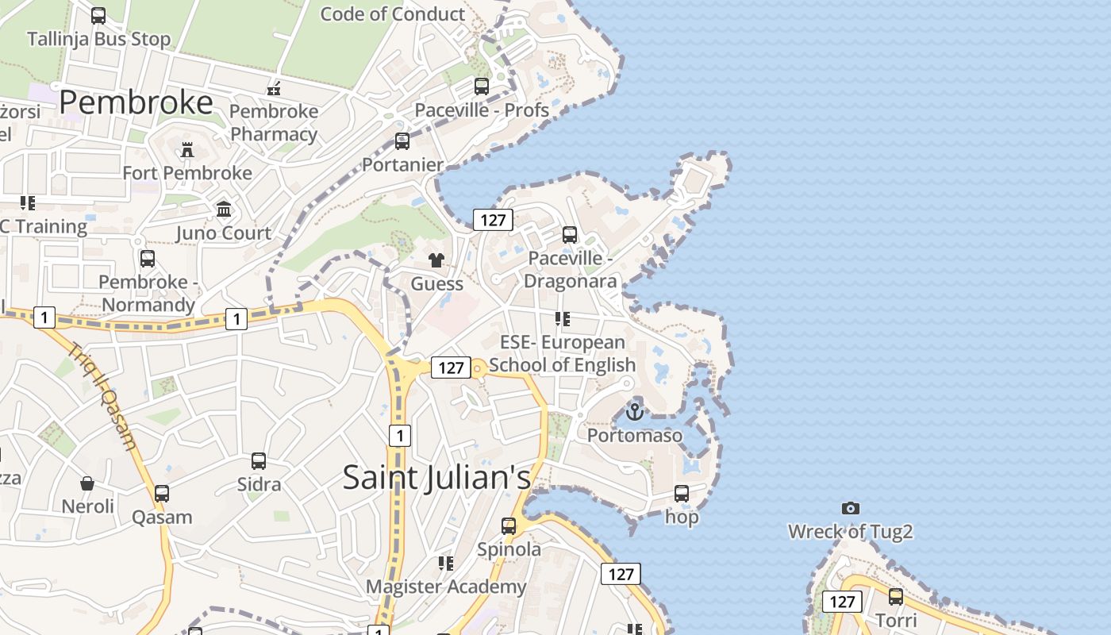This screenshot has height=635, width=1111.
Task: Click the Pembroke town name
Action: (x=136, y=102)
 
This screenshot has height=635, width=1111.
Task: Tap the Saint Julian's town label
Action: (x=436, y=477)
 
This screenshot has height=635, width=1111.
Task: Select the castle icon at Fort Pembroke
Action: (x=187, y=149)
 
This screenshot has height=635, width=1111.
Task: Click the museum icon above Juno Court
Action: (x=224, y=210)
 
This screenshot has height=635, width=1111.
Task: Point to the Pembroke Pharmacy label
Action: (x=274, y=122)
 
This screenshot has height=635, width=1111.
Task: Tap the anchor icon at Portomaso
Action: (x=634, y=411)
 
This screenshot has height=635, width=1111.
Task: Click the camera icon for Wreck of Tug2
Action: (x=850, y=508)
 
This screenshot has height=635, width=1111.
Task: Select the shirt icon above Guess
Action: (x=436, y=260)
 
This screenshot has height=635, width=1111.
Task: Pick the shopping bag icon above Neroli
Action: (x=87, y=483)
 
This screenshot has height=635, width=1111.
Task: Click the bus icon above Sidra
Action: (x=259, y=460)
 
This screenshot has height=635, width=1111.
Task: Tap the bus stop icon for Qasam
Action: (x=162, y=494)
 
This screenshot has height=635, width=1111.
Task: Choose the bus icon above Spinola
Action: (x=509, y=525)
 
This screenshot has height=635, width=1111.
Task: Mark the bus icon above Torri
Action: (x=896, y=597)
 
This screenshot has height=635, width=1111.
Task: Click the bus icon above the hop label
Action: (x=682, y=494)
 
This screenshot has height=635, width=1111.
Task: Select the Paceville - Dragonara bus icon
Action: (x=570, y=235)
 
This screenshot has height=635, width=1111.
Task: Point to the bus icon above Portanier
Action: (x=402, y=141)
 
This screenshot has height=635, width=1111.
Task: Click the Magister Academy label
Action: (x=445, y=587)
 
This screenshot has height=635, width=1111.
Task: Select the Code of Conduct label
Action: (x=392, y=13)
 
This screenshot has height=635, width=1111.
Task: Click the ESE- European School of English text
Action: (x=563, y=353)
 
